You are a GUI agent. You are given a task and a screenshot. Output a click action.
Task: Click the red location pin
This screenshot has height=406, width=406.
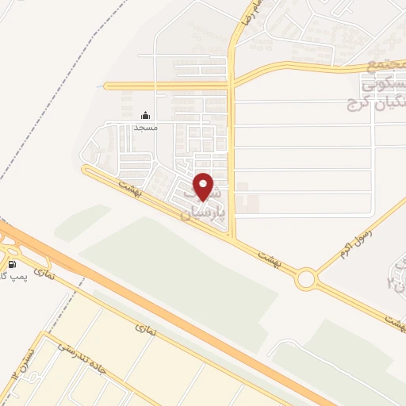(204, 186)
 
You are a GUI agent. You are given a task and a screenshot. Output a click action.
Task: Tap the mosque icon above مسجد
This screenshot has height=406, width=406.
(145, 116)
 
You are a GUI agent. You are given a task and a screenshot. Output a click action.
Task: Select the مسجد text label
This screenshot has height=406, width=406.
(146, 127)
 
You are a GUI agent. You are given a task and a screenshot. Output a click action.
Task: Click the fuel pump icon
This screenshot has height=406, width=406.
(13, 264)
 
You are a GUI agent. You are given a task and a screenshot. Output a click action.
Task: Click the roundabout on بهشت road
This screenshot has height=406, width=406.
(305, 279)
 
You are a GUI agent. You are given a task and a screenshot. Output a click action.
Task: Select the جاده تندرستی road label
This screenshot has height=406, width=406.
(87, 361)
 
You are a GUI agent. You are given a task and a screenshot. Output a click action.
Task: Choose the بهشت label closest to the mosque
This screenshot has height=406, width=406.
(127, 186)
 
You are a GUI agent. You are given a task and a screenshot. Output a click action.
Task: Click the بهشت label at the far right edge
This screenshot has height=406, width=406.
(394, 319)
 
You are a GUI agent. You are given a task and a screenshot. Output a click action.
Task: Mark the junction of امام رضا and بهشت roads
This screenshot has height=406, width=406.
(232, 236)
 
